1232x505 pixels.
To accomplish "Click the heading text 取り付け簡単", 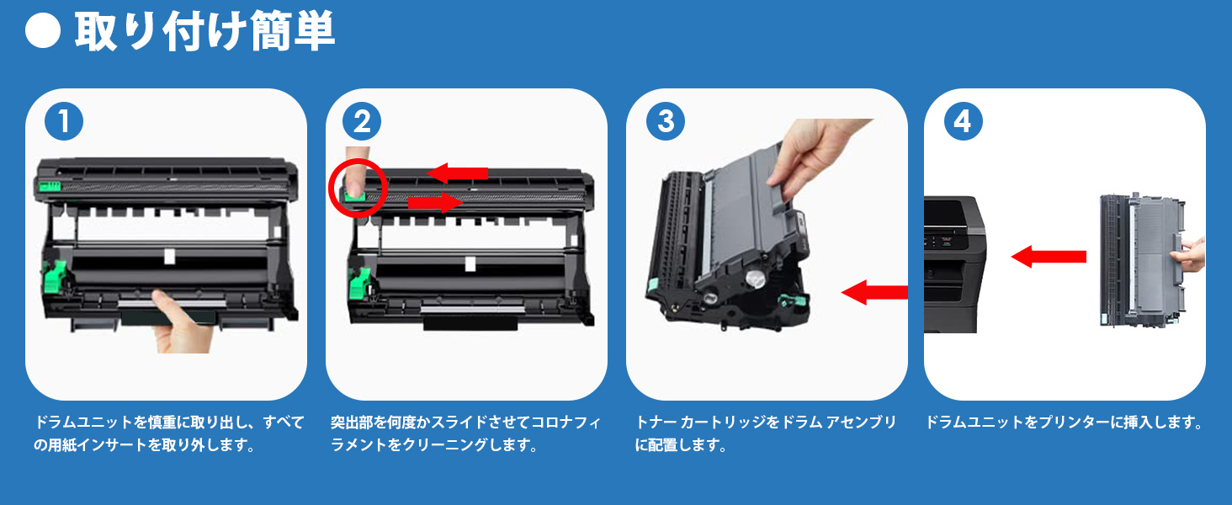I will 204,33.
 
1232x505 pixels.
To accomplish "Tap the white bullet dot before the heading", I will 44,34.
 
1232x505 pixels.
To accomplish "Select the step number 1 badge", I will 63,122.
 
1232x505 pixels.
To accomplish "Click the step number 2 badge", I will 362,122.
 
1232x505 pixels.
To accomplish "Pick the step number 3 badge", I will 665,122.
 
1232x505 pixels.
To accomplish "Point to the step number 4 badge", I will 963,122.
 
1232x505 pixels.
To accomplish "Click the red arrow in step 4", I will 1048,256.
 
